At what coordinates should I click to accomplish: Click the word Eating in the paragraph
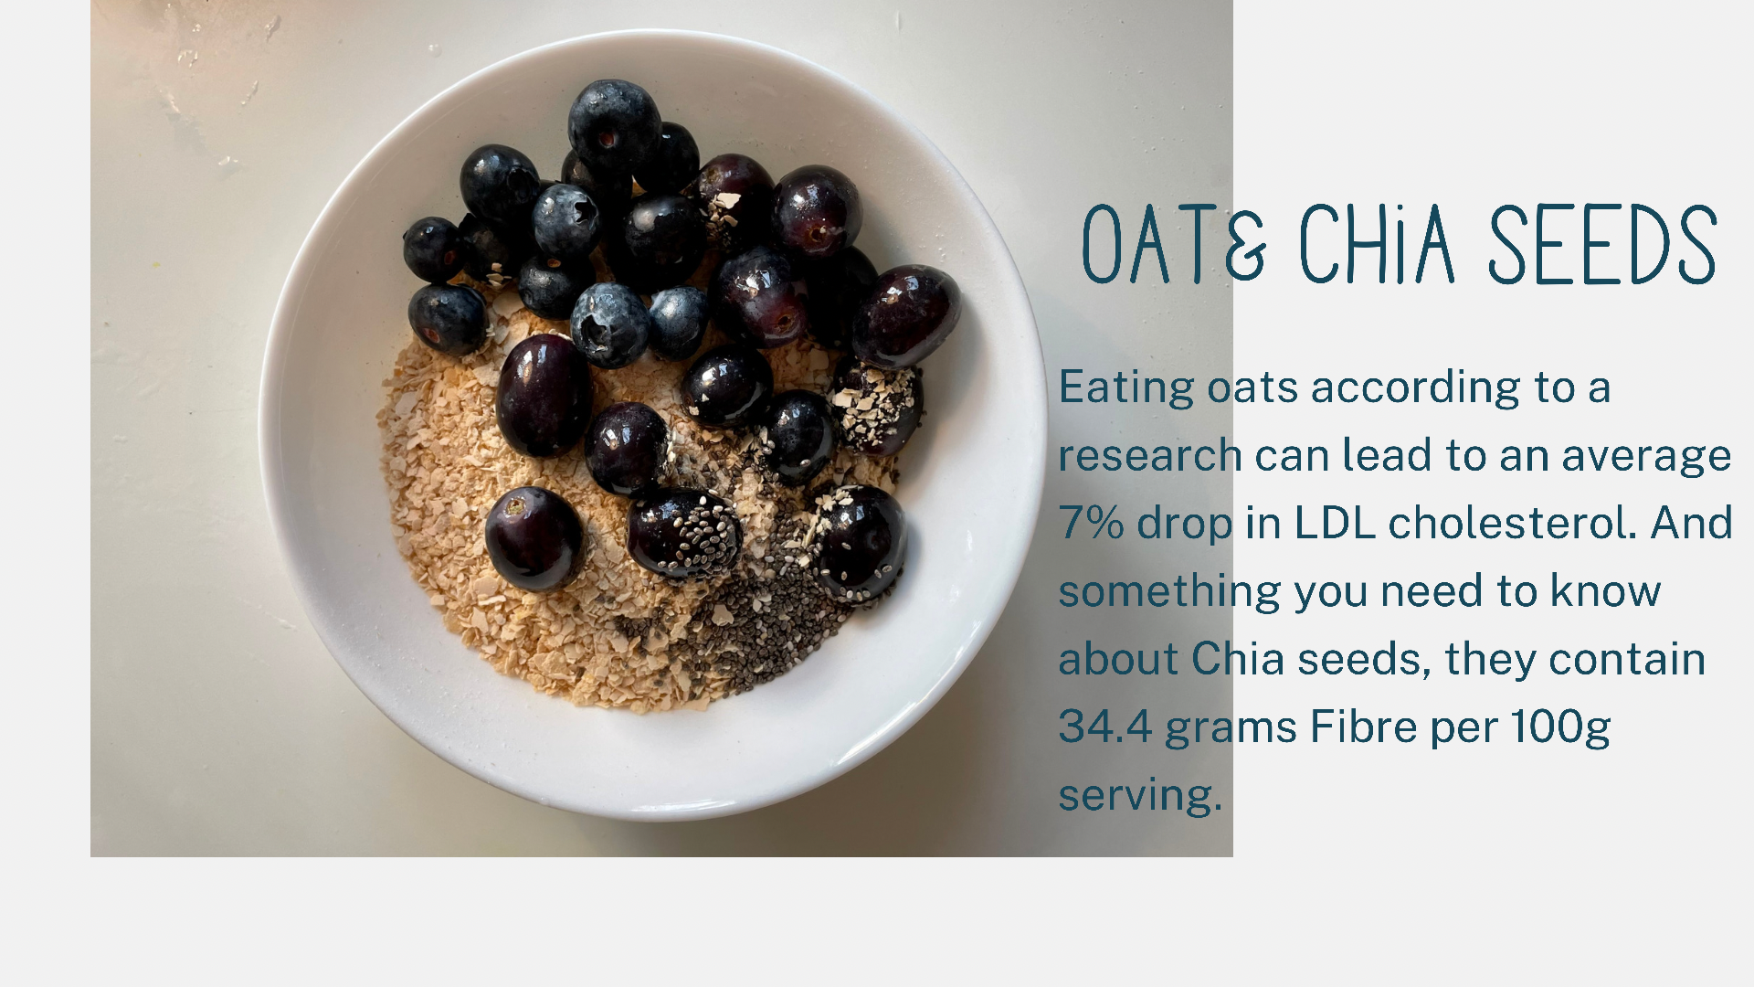pyautogui.click(x=1126, y=388)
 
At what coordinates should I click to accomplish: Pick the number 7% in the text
pyautogui.click(x=1092, y=523)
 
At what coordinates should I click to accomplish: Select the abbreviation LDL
pyautogui.click(x=1335, y=523)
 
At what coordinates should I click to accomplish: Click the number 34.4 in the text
pyautogui.click(x=1105, y=727)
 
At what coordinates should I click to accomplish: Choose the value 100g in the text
pyautogui.click(x=1560, y=728)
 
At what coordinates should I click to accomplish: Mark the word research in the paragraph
pyautogui.click(x=1150, y=456)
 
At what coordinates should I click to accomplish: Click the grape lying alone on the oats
pyautogui.click(x=534, y=538)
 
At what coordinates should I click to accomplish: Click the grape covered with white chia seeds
pyautogui.click(x=684, y=535)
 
